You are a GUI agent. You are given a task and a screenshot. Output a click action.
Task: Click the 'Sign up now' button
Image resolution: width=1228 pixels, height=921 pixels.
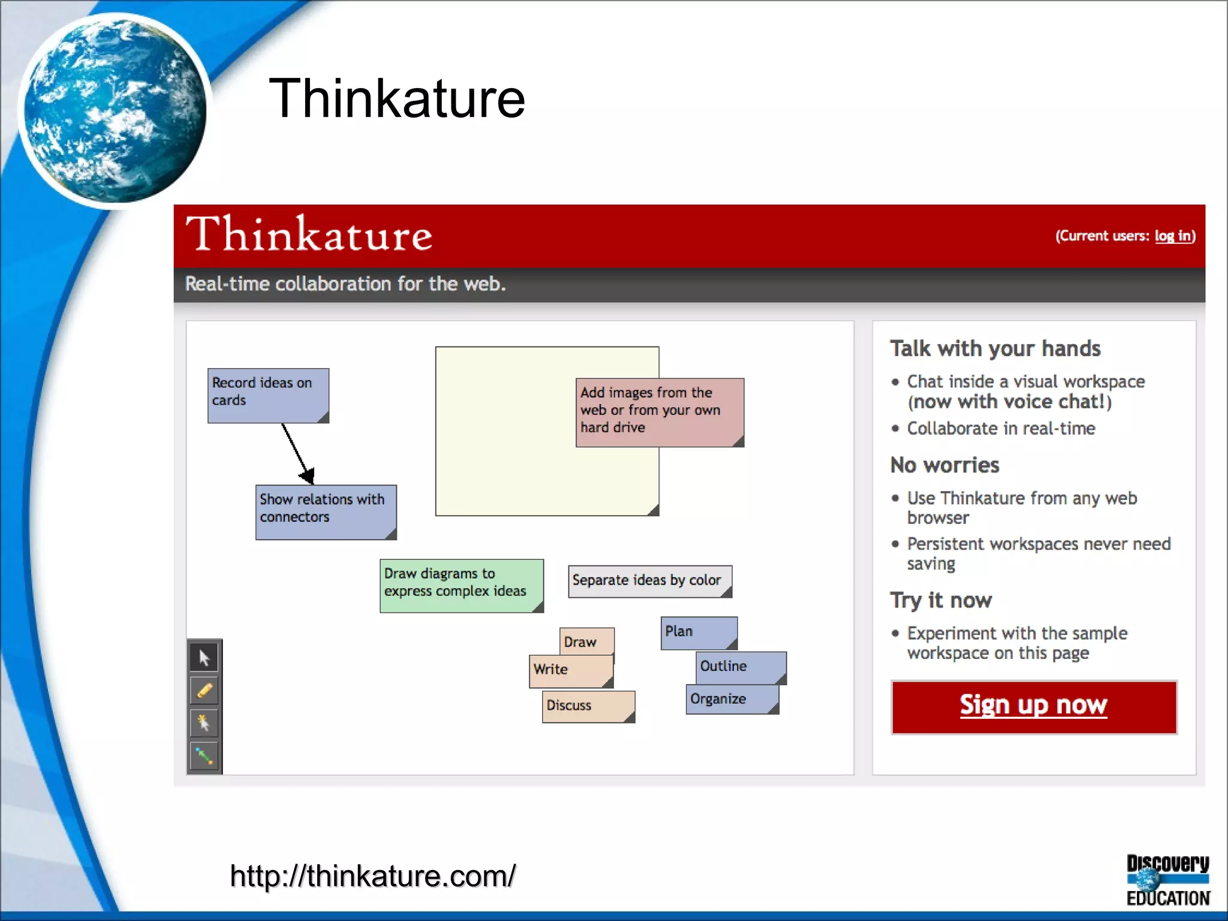1033,706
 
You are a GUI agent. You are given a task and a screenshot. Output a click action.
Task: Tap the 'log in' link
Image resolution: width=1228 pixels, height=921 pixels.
1173,236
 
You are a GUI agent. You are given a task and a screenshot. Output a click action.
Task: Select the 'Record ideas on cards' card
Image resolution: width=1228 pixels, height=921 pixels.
268,395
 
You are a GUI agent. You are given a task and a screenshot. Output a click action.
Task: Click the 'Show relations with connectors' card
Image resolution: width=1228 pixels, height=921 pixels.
326,511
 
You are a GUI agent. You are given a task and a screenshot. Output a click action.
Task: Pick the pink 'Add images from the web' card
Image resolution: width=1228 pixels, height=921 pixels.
660,412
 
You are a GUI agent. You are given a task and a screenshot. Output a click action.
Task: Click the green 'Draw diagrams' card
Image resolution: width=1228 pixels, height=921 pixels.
461,585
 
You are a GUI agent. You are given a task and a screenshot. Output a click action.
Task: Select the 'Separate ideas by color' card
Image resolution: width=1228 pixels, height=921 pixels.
649,581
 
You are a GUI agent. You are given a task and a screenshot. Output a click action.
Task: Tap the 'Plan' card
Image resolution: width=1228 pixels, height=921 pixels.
698,632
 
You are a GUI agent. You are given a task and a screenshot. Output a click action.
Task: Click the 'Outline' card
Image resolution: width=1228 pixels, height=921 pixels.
741,667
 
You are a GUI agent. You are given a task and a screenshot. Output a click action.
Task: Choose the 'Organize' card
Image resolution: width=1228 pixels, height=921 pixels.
732,700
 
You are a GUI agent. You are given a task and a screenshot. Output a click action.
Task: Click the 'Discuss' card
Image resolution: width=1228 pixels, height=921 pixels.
588,706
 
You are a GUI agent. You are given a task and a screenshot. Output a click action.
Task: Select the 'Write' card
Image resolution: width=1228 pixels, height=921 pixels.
570,670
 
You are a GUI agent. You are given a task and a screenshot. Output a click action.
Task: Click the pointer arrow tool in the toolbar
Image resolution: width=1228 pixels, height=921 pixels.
204,658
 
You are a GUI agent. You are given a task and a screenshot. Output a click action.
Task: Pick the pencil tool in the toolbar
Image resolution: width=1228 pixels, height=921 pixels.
204,691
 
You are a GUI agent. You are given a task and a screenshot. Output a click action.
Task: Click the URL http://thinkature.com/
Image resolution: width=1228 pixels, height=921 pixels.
372,876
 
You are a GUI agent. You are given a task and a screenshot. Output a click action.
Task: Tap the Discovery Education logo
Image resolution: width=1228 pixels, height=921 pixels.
1167,880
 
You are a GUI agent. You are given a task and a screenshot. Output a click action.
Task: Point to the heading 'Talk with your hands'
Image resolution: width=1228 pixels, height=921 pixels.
995,348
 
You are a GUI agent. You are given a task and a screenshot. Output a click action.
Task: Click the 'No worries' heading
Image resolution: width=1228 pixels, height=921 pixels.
944,465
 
